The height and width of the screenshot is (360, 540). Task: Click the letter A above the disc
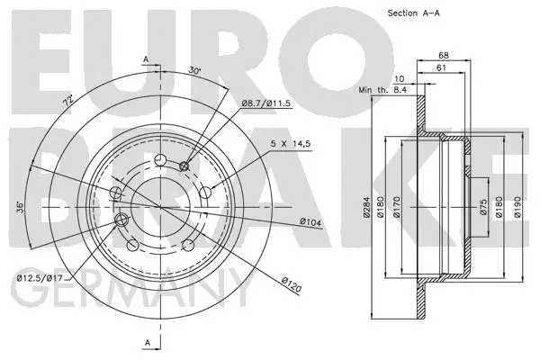[145, 59]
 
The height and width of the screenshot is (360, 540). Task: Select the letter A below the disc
[145, 341]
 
